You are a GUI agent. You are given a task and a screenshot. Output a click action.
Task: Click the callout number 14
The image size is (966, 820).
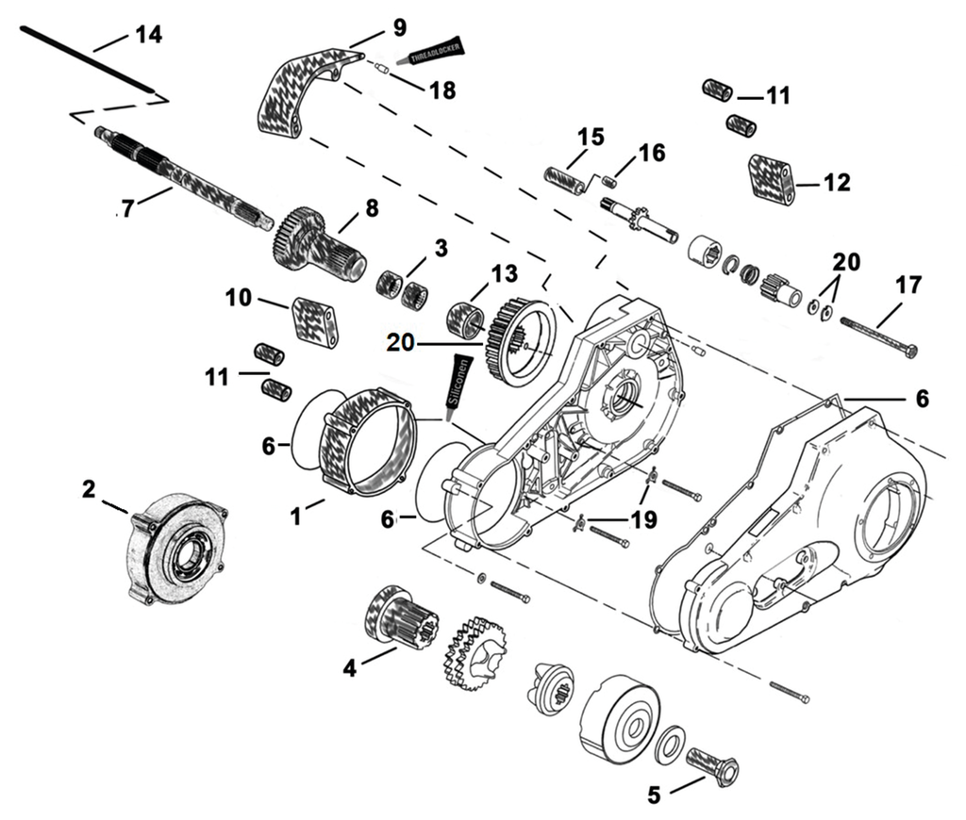(x=148, y=35)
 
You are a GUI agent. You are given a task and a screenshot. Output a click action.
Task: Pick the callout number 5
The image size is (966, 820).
(x=654, y=795)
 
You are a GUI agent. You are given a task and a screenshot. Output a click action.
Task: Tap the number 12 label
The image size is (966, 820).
(x=837, y=182)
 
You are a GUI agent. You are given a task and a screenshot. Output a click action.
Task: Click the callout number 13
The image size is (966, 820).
(x=505, y=274)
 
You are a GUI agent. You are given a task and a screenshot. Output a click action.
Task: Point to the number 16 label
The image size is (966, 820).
(x=651, y=152)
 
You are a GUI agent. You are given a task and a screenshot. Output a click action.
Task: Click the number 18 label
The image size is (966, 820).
(x=441, y=90)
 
